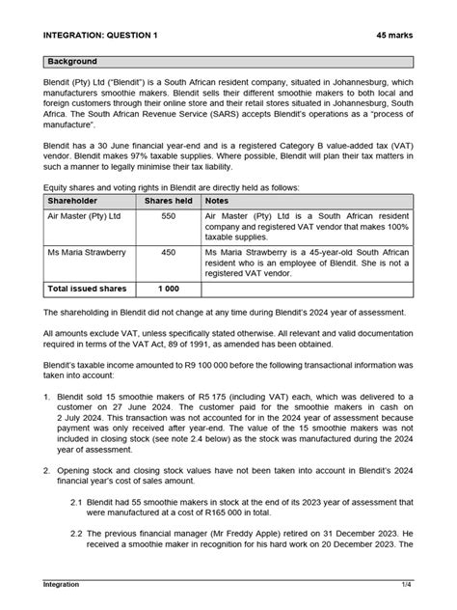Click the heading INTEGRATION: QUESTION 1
[101, 35]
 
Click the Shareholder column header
[78, 201]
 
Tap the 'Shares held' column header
[168, 201]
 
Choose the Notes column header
[218, 201]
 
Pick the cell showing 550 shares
[168, 217]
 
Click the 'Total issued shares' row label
[88, 288]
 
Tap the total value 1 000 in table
[168, 288]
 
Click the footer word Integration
[61, 584]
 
